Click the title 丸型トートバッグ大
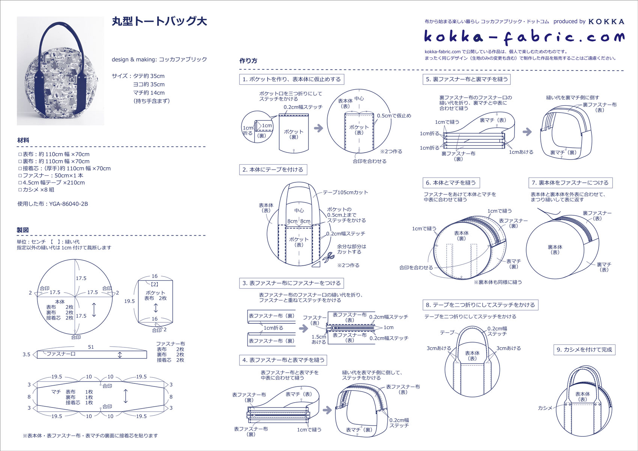[159, 21]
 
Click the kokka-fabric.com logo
[524, 36]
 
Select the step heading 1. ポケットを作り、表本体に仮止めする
[292, 79]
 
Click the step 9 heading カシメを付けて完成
[584, 350]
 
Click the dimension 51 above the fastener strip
[91, 347]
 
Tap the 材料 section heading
[23, 140]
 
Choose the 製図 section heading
[23, 230]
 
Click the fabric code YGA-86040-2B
[53, 204]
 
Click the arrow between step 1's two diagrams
[319, 128]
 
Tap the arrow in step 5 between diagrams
[527, 131]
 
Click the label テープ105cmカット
[345, 192]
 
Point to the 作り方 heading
[248, 61]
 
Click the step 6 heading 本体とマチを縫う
[451, 183]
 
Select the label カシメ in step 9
[545, 408]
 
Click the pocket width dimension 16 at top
[155, 276]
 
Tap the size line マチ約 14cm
[149, 93]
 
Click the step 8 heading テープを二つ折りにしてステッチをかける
[480, 305]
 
